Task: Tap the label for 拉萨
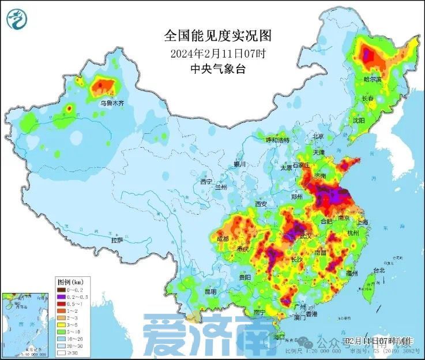tap(117, 239)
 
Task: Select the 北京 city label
tap(318, 136)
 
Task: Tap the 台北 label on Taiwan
tap(379, 270)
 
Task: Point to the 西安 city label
tap(261, 204)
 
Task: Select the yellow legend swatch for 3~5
tap(62, 325)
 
